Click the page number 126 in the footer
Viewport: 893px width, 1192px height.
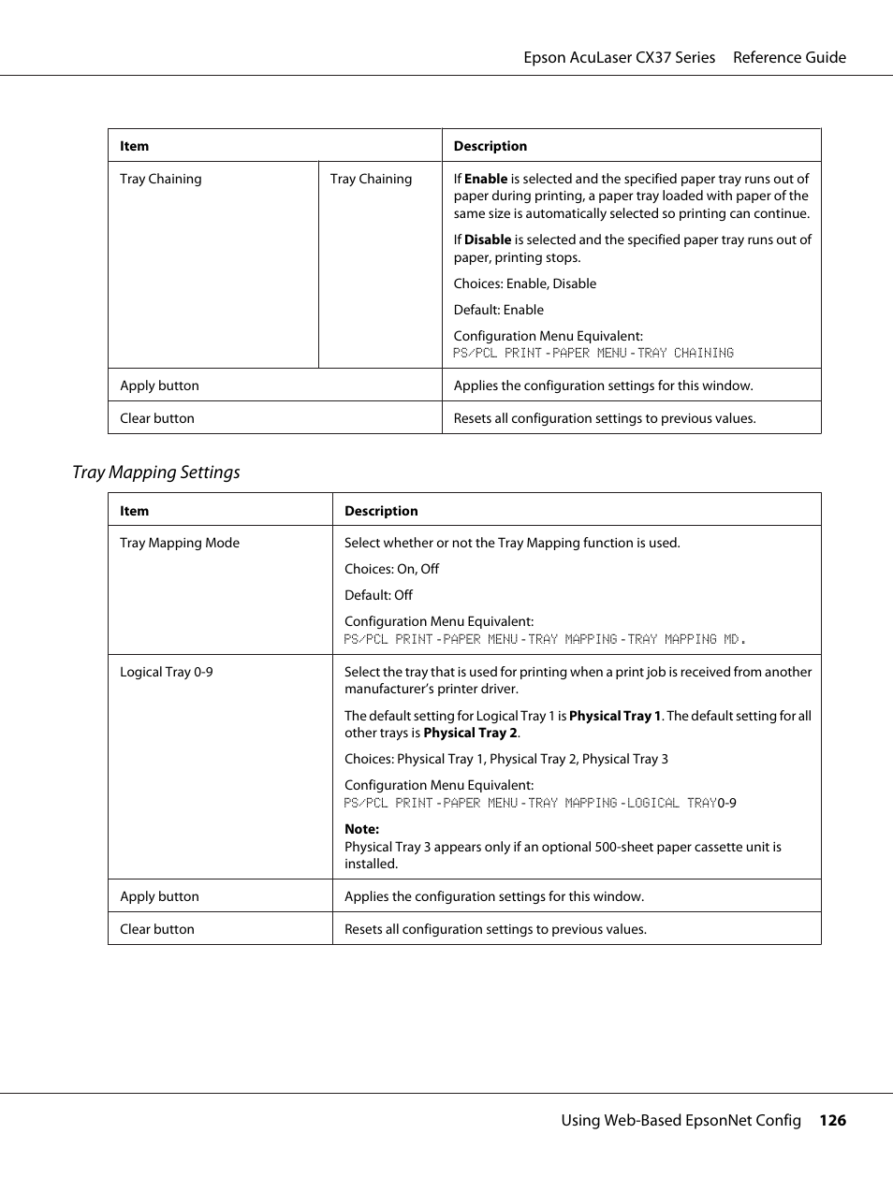pyautogui.click(x=832, y=1120)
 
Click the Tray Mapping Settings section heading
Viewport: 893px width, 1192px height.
pyautogui.click(x=155, y=472)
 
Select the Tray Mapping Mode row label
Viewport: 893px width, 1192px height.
pyautogui.click(x=180, y=543)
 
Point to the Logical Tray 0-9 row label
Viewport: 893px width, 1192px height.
pyautogui.click(x=167, y=672)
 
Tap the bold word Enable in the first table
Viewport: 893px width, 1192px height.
pyautogui.click(x=486, y=179)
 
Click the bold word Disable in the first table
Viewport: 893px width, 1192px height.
pyautogui.click(x=488, y=240)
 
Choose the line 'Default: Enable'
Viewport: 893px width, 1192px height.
pyautogui.click(x=498, y=310)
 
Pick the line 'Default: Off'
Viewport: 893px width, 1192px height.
pyautogui.click(x=378, y=595)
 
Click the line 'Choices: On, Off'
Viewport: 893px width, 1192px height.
pyautogui.click(x=391, y=569)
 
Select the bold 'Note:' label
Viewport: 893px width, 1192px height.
pyautogui.click(x=361, y=829)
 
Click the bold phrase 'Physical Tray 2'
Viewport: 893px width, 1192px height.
pyautogui.click(x=470, y=733)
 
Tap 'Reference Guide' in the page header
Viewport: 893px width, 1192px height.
pyautogui.click(x=789, y=57)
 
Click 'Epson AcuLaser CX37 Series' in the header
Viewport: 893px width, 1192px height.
pyautogui.click(x=619, y=57)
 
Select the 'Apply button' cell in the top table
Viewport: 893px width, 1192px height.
pyautogui.click(x=160, y=385)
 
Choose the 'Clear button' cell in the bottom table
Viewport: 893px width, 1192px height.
pyautogui.click(x=157, y=929)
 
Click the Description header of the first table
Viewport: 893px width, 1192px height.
pyautogui.click(x=490, y=146)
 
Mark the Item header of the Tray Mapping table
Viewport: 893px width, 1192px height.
pyautogui.click(x=135, y=511)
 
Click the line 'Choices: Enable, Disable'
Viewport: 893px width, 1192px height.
pyautogui.click(x=524, y=283)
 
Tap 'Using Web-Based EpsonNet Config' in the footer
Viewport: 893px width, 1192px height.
pyautogui.click(x=681, y=1120)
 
